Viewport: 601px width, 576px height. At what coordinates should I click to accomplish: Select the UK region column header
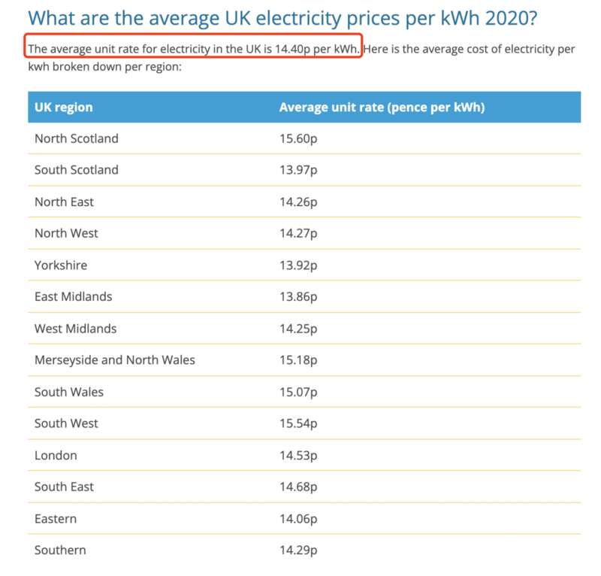pyautogui.click(x=64, y=107)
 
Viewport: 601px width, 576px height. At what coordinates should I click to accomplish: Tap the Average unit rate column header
pyautogui.click(x=382, y=107)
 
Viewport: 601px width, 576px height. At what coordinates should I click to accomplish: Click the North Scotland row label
pyautogui.click(x=76, y=138)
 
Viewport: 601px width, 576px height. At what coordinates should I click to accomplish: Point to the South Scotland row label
pyautogui.click(x=76, y=170)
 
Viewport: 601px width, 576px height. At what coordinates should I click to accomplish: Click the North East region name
pyautogui.click(x=64, y=202)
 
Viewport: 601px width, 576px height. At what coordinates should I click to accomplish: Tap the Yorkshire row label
pyautogui.click(x=61, y=265)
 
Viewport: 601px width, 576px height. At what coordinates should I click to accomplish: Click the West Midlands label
pyautogui.click(x=75, y=329)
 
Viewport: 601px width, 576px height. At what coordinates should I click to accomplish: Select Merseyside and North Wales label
pyautogui.click(x=114, y=360)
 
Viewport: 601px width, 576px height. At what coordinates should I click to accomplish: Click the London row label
pyautogui.click(x=56, y=455)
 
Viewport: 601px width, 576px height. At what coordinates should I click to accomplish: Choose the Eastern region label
pyautogui.click(x=56, y=519)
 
